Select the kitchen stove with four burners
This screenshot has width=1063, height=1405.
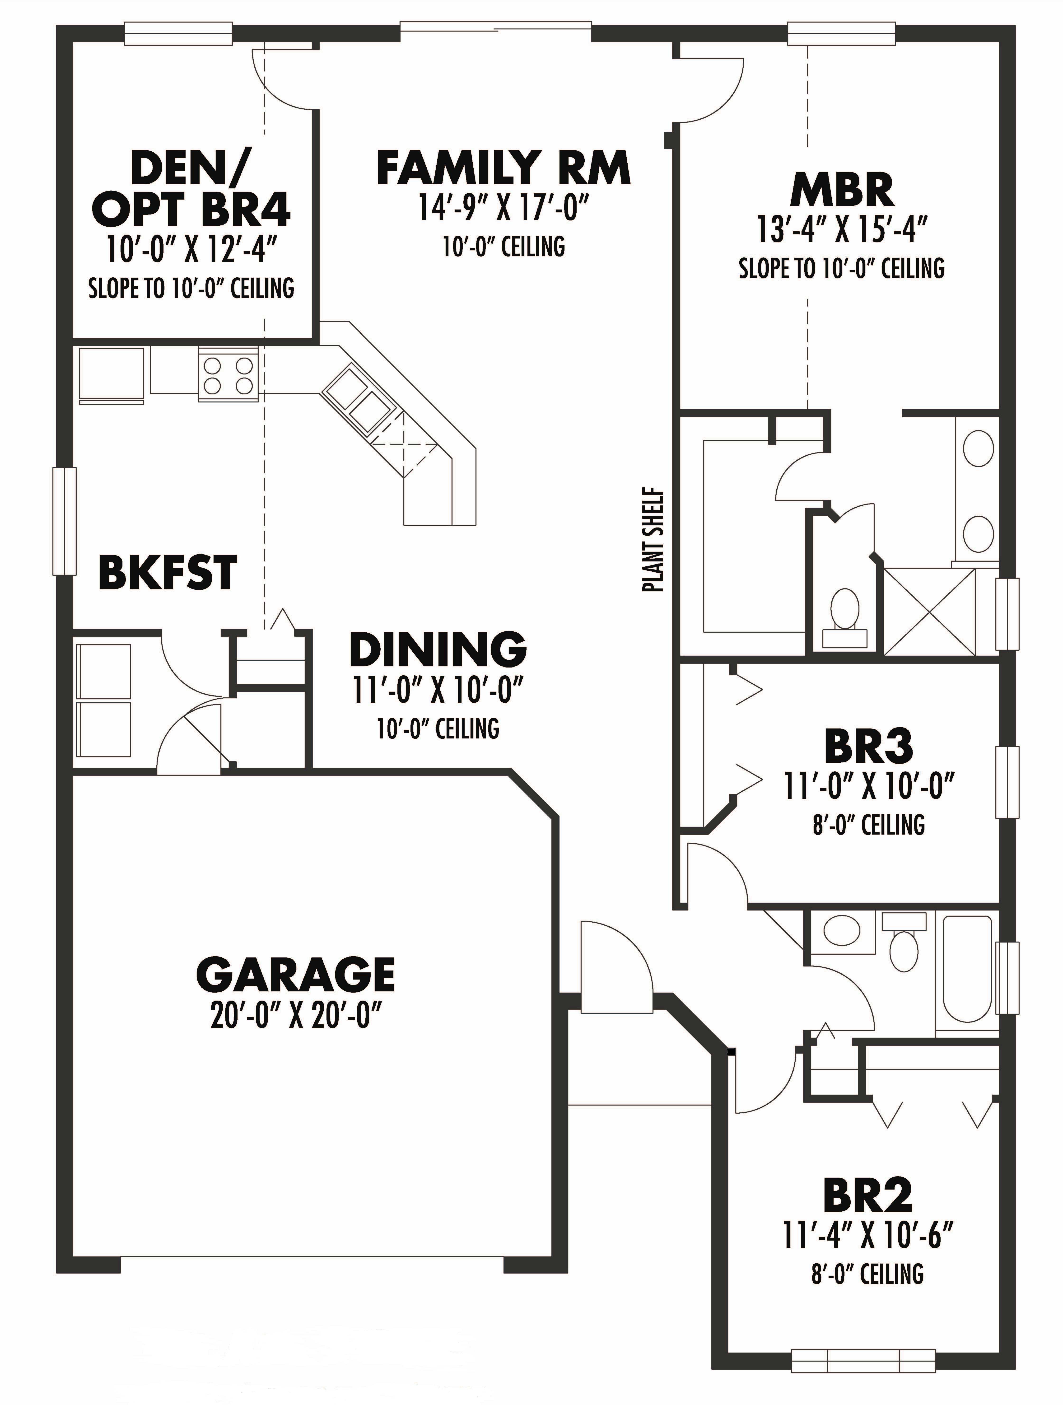[x=227, y=375]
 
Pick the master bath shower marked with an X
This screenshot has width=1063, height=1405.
[x=929, y=611]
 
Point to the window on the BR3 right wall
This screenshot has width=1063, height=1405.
[x=1007, y=781]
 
